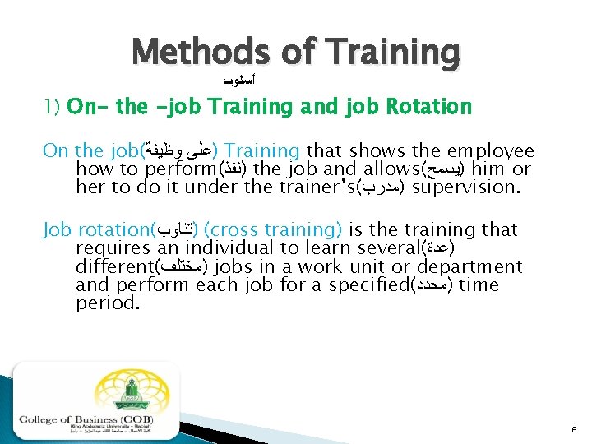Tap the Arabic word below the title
tap(238, 82)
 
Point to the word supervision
tap(465, 187)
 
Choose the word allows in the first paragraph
tap(381, 169)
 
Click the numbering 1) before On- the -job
tap(53, 108)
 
